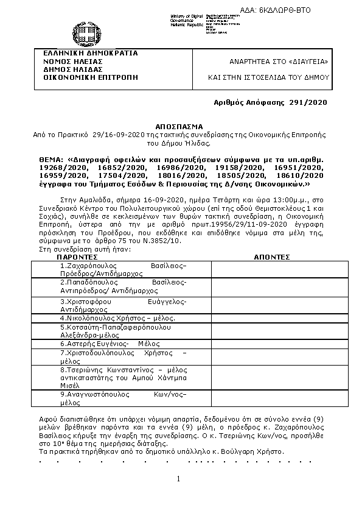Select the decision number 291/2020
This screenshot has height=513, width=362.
(310, 103)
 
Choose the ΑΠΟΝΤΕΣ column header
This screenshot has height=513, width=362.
(271, 258)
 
